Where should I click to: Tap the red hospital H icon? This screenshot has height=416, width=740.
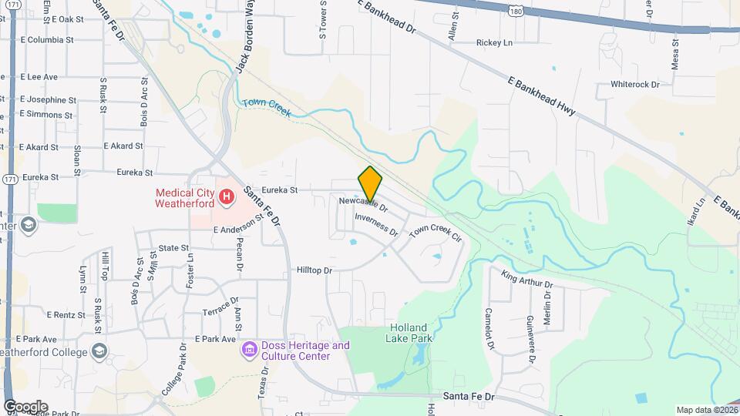[227, 197]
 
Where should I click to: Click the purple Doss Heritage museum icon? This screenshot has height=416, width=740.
[249, 351]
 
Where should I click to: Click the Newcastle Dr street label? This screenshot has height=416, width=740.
[362, 204]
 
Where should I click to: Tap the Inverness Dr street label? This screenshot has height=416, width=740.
[376, 224]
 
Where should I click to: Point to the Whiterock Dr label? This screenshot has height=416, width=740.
[635, 84]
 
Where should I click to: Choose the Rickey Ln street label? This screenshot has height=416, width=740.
[494, 42]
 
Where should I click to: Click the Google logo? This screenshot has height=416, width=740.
[25, 407]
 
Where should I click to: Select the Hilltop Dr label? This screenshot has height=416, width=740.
[314, 270]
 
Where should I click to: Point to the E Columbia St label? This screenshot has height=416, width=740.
[47, 39]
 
